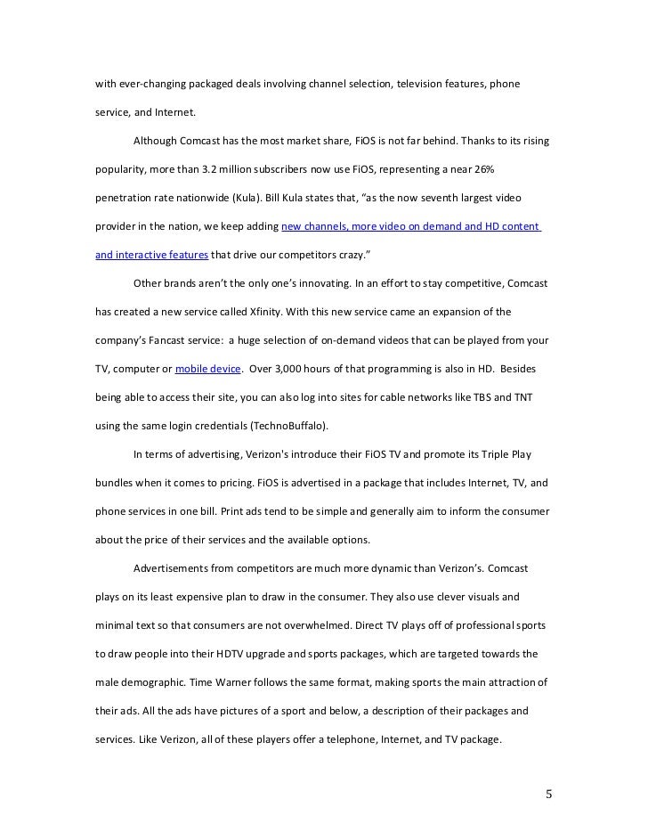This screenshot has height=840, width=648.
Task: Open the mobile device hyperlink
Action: click(207, 368)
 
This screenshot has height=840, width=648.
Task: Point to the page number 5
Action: click(549, 794)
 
